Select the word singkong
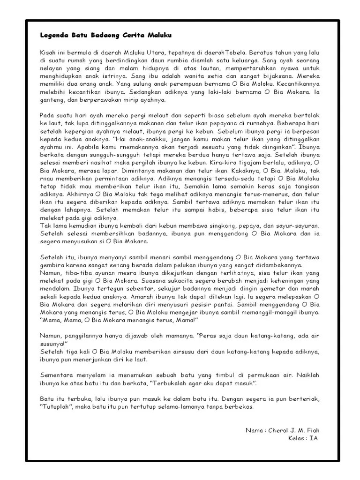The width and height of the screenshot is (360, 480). pos(233,226)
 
